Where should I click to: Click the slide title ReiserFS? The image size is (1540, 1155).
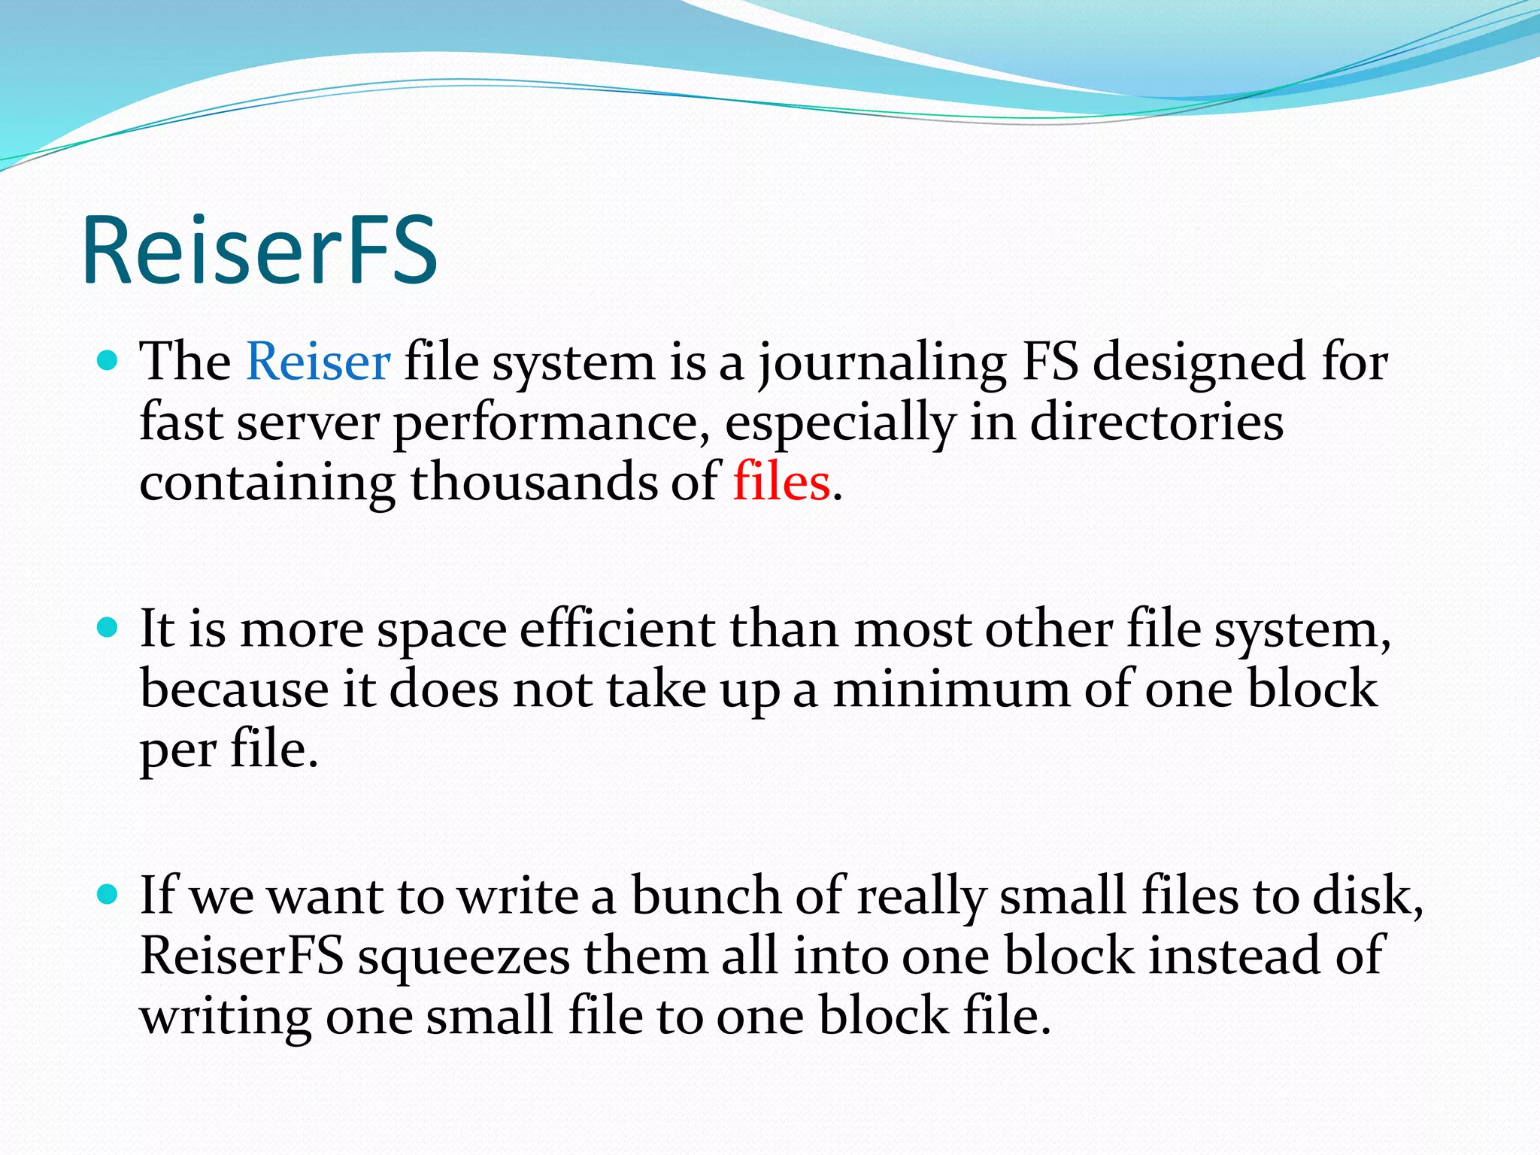click(259, 250)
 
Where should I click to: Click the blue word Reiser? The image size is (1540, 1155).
click(318, 362)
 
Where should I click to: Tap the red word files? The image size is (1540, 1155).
click(781, 482)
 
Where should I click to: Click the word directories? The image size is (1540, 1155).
click(1156, 423)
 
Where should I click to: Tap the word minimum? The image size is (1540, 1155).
click(951, 690)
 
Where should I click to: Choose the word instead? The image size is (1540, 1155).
click(1234, 956)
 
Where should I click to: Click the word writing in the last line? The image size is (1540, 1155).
click(225, 1017)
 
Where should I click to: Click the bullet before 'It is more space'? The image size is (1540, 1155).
click(108, 627)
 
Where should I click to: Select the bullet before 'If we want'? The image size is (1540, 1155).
click(108, 894)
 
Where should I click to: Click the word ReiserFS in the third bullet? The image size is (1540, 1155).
click(241, 956)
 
